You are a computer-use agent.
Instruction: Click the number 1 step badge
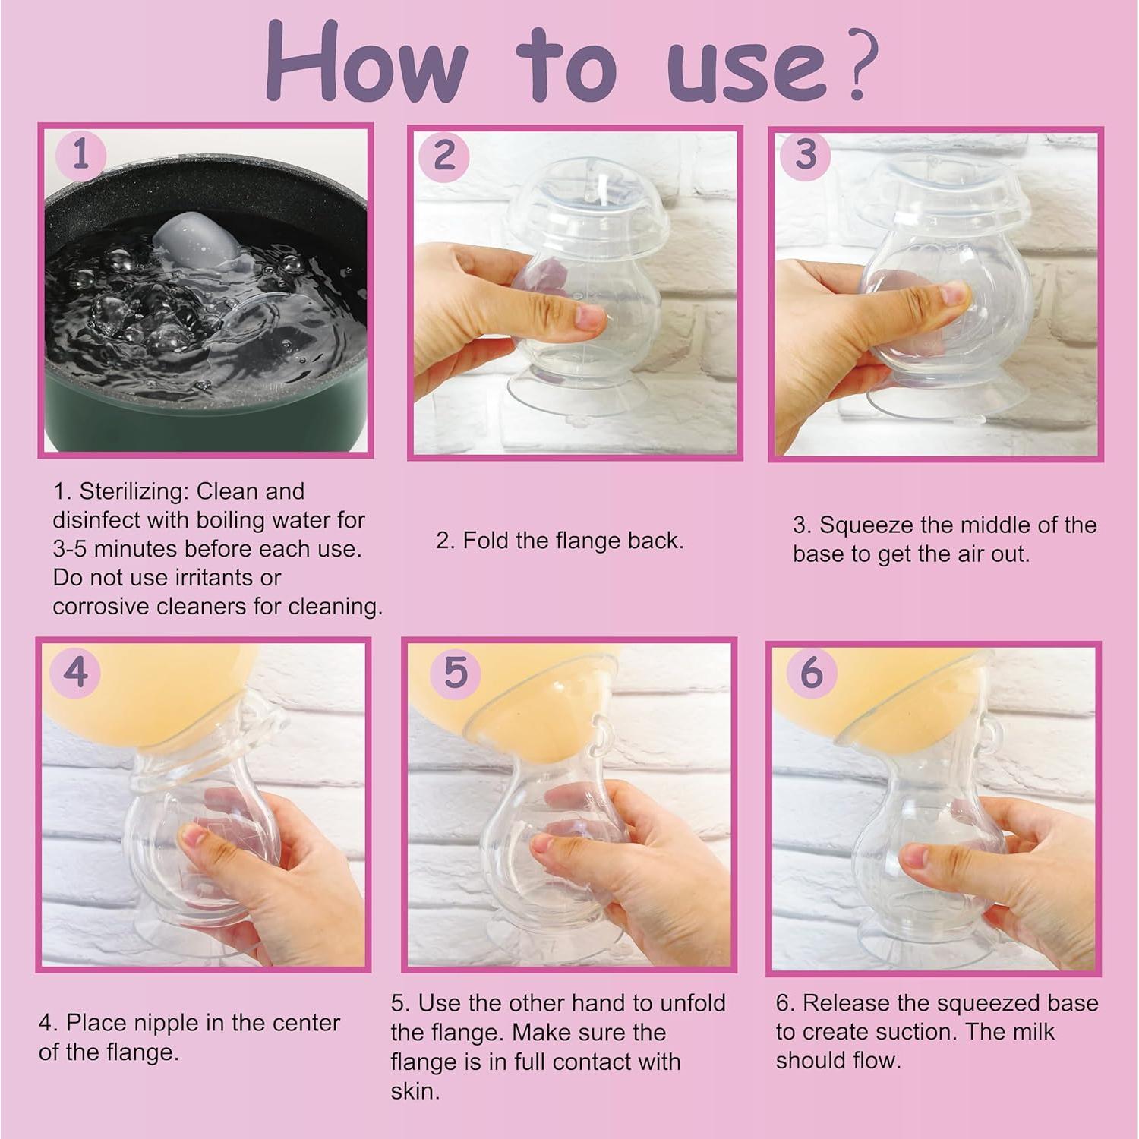coord(80,156)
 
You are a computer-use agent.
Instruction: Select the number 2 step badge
coord(444,156)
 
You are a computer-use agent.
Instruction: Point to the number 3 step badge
coord(806,155)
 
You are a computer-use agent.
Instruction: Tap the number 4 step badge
coord(75,673)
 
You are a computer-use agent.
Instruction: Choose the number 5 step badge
coord(455,672)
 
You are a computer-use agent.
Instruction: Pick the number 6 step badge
coord(811,672)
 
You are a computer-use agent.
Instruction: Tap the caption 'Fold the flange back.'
coord(560,541)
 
